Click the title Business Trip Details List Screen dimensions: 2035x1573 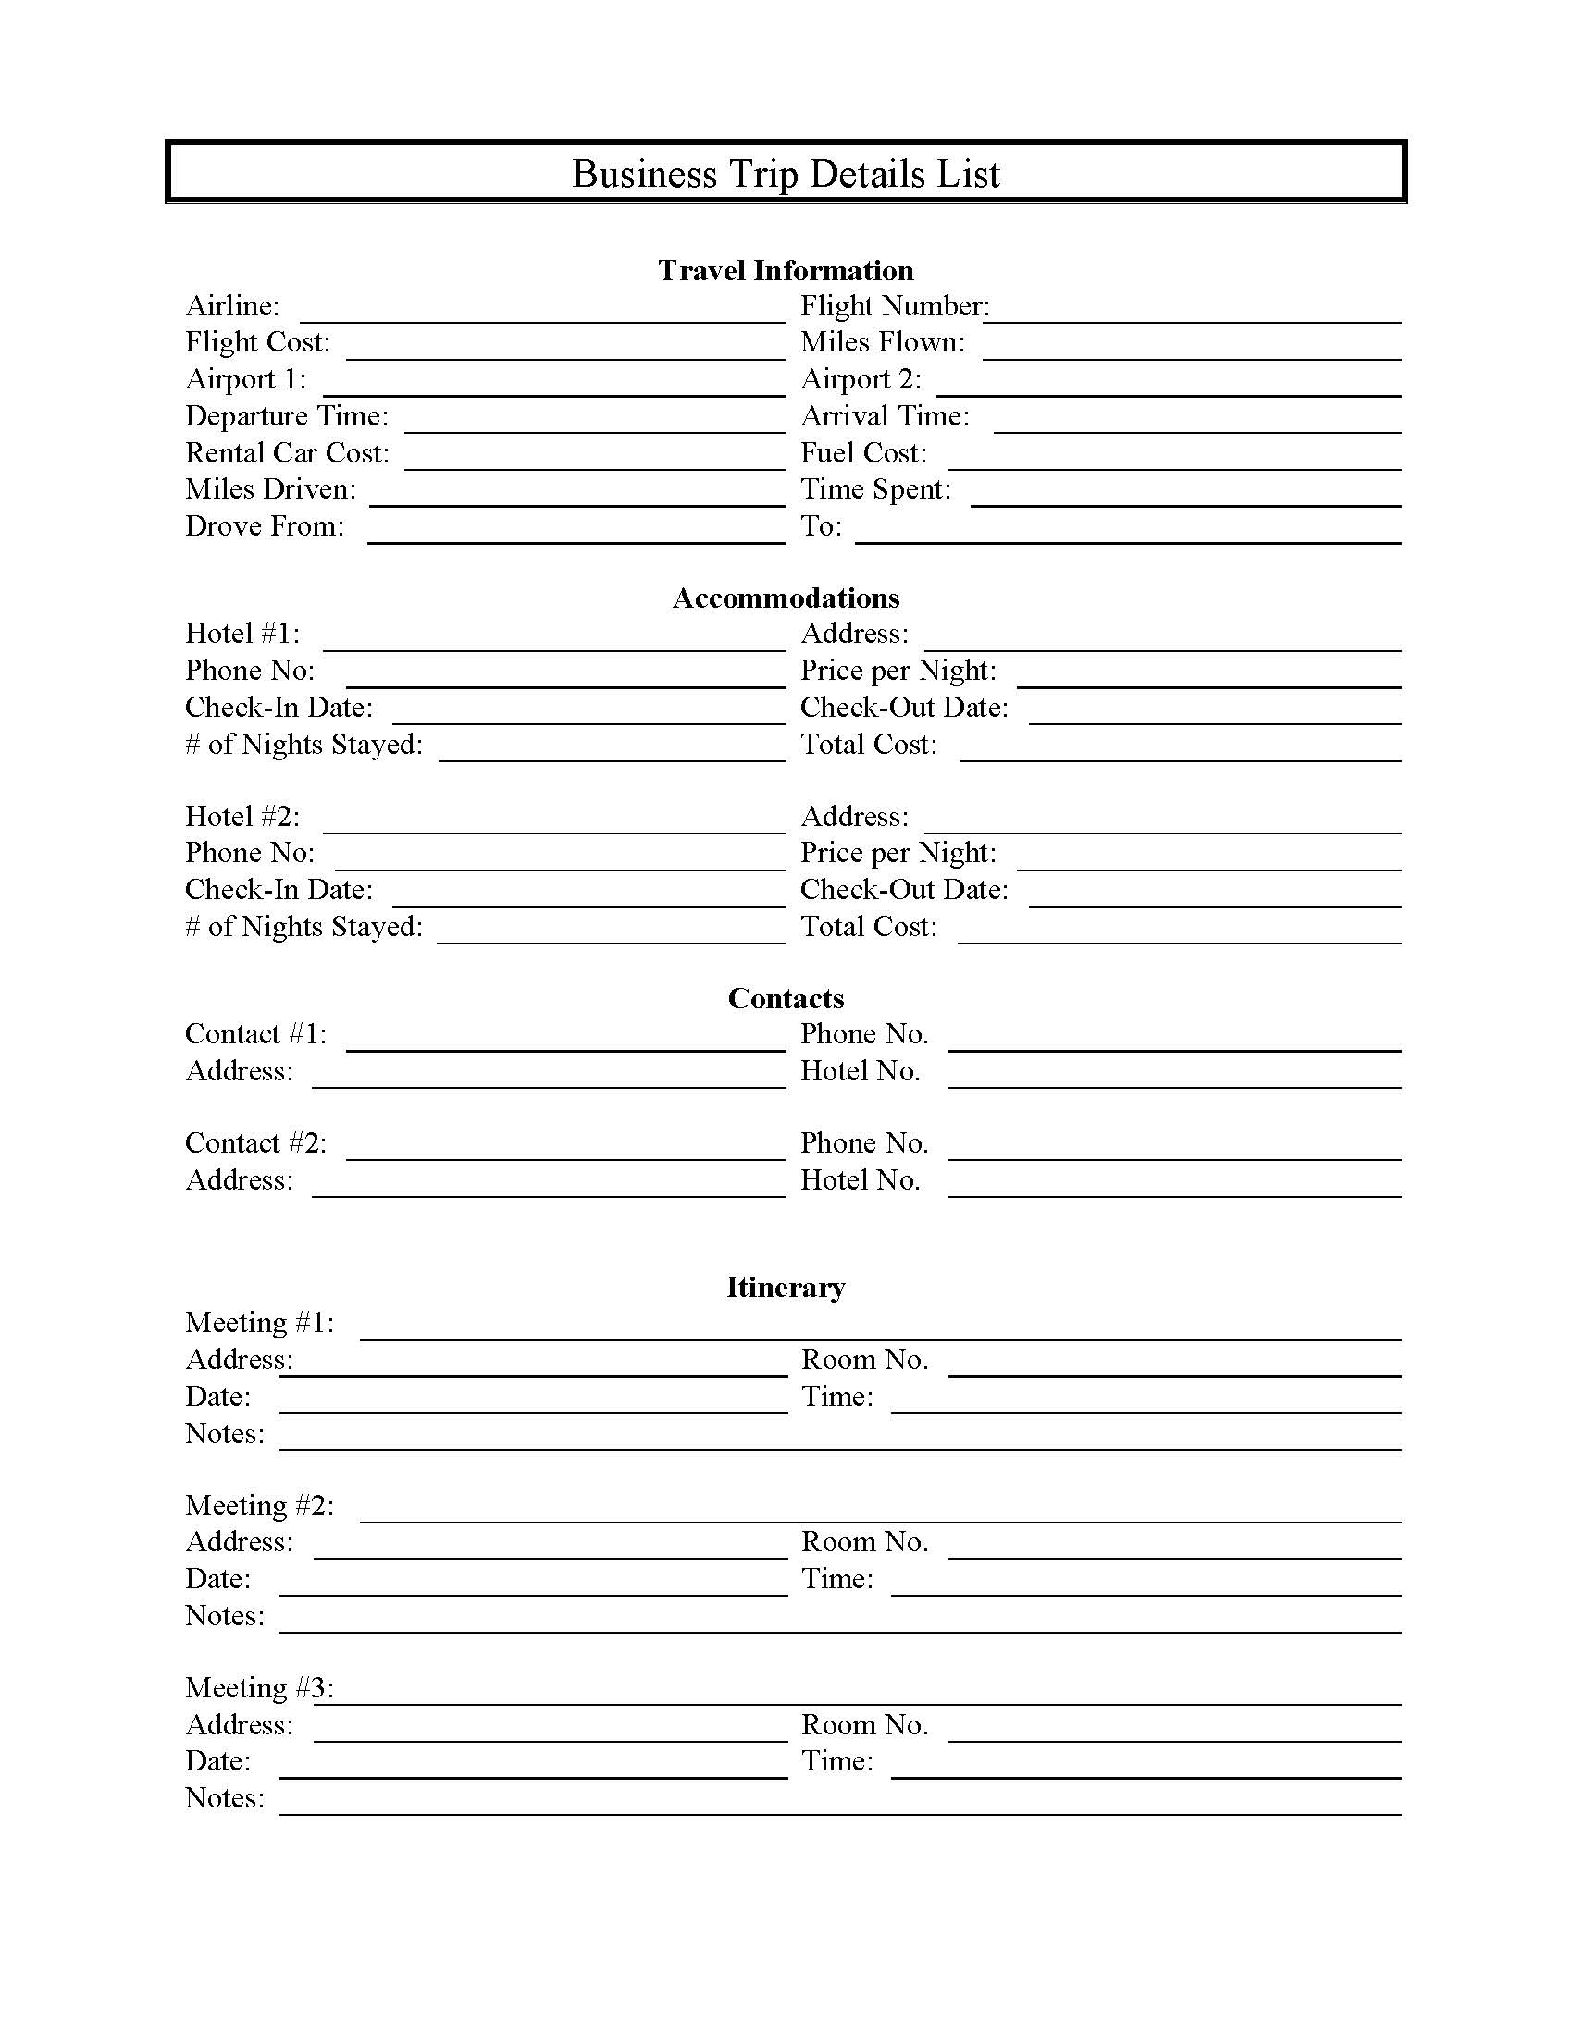[786, 174]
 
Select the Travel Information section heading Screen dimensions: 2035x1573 [786, 270]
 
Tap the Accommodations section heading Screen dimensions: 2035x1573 [786, 598]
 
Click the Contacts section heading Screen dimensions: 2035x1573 [786, 998]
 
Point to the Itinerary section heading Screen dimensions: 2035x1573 [786, 1287]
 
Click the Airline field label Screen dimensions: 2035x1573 [232, 305]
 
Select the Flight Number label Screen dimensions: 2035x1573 [895, 305]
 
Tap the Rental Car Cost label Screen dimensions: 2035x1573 [287, 453]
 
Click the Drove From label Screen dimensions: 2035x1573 [265, 526]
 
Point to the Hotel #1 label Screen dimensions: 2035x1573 [242, 634]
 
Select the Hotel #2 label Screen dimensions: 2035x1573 [242, 816]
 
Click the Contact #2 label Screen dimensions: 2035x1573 [255, 1143]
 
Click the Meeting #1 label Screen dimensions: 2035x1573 [259, 1322]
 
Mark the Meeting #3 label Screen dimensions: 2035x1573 [259, 1687]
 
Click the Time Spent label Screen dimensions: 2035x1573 [875, 489]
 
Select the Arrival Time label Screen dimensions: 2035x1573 [885, 415]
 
